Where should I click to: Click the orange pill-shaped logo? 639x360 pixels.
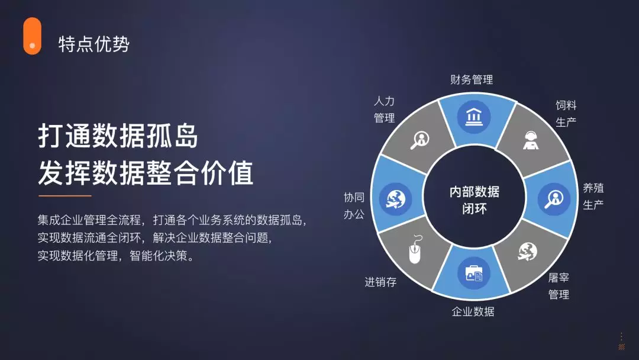[32, 36]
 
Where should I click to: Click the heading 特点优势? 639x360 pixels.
[93, 44]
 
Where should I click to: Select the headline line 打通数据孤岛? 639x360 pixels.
[118, 136]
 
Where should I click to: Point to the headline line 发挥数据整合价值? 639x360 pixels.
[146, 173]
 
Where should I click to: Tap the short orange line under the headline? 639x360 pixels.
[65, 196]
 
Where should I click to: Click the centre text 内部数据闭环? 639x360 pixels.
[475, 200]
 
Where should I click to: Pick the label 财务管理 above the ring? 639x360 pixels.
[472, 79]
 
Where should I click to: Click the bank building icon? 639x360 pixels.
[473, 117]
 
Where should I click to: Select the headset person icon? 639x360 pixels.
[530, 140]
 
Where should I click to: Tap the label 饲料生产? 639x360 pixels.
[566, 114]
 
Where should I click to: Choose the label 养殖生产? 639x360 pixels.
[593, 196]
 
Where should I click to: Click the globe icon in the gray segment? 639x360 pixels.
[527, 252]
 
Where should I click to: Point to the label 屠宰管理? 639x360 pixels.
[559, 286]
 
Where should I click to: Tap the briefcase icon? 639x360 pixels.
[473, 273]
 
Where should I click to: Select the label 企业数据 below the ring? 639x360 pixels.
[473, 312]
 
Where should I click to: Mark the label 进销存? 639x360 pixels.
[380, 282]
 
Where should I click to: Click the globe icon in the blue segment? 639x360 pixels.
[395, 199]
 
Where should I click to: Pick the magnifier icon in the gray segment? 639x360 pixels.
[419, 140]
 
